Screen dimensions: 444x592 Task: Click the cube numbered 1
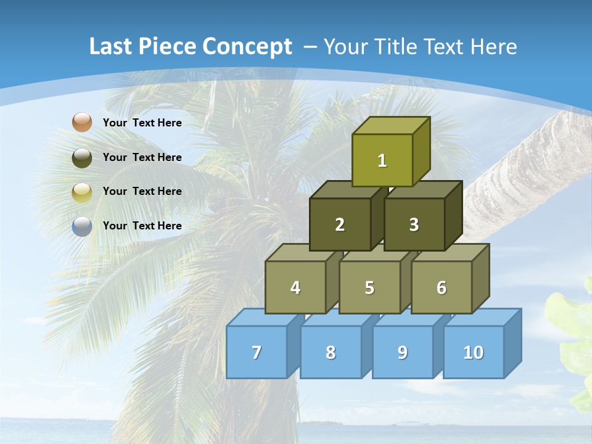click(x=382, y=160)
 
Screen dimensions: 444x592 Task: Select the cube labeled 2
click(x=340, y=224)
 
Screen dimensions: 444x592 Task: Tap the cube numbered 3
click(x=414, y=224)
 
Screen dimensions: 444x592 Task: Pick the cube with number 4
click(x=295, y=287)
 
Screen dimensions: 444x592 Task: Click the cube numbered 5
click(x=369, y=287)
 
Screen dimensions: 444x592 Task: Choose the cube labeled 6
click(x=441, y=287)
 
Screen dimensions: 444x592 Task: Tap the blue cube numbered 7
click(x=257, y=352)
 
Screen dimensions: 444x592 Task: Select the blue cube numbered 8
click(x=331, y=352)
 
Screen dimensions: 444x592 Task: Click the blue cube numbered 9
click(x=402, y=352)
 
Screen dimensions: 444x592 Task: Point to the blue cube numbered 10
click(x=473, y=352)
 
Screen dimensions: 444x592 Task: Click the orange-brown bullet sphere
click(x=82, y=122)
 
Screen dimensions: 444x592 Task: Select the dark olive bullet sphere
click(x=82, y=157)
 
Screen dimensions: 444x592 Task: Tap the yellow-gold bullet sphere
click(x=82, y=192)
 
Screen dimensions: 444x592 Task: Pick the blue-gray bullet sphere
click(x=82, y=226)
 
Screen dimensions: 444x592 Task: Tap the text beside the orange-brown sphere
click(x=142, y=123)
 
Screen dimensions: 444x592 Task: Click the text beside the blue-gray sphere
click(x=142, y=226)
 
